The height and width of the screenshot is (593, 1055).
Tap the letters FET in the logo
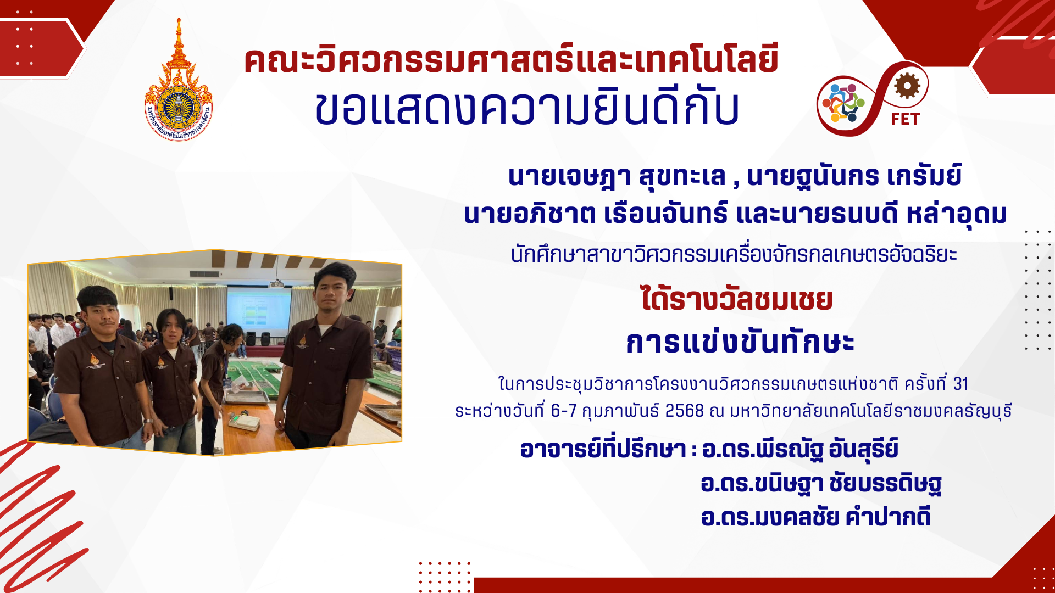point(905,119)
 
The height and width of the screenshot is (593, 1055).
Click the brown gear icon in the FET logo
point(907,86)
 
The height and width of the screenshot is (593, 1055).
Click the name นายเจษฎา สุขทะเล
point(617,177)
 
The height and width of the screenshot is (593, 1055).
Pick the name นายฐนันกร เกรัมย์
point(854,176)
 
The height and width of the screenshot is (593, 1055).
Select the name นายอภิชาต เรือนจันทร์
point(596,213)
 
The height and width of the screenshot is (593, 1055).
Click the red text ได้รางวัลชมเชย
point(737,299)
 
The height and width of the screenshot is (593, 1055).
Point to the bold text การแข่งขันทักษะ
point(740,342)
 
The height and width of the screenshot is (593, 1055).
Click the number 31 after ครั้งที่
point(960,384)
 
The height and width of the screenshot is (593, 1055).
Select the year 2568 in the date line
point(684,411)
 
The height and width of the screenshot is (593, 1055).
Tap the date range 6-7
point(564,411)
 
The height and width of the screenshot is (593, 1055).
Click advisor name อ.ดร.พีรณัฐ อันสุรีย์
point(800,449)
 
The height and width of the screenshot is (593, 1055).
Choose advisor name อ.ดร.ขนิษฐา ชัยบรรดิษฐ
point(821,484)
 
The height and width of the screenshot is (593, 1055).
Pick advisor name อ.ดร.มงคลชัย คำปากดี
point(816,517)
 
